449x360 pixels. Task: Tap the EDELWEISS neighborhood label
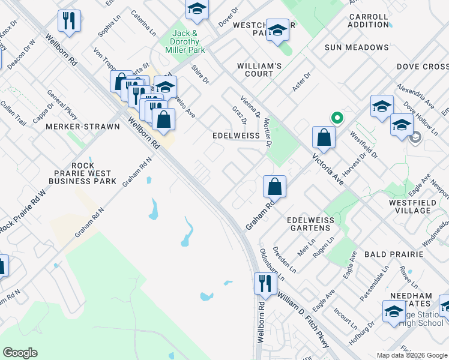[x=236, y=136]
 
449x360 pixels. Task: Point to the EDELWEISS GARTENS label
[x=310, y=224]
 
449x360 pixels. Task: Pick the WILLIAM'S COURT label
[x=259, y=70]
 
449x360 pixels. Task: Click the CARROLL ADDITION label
[x=368, y=20]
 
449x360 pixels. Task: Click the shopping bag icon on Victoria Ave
[x=324, y=137]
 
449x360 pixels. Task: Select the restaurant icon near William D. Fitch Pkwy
[x=264, y=283]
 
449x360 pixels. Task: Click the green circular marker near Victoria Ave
[x=337, y=118]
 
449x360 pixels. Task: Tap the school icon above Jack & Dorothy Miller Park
[x=196, y=9]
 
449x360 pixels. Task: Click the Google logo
[x=20, y=353]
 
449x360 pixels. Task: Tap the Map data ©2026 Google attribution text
[x=411, y=355]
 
